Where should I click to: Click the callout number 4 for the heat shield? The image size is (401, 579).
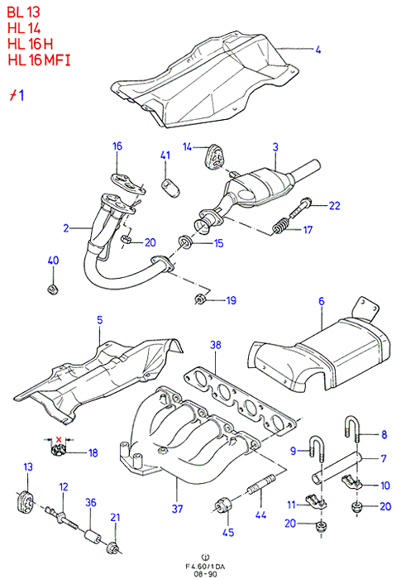click(x=318, y=50)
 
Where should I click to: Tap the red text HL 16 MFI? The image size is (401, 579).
click(x=39, y=60)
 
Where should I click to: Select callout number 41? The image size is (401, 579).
click(x=165, y=156)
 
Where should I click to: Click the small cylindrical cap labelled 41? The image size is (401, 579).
click(x=171, y=188)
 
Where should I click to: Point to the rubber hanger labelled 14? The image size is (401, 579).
click(x=214, y=157)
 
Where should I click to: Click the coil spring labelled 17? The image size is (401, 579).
click(x=281, y=226)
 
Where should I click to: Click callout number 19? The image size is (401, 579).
click(x=232, y=300)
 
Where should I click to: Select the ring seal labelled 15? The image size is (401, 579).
click(x=184, y=242)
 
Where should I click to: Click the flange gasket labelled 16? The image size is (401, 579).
click(x=127, y=183)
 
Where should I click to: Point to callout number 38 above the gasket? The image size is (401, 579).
click(x=216, y=345)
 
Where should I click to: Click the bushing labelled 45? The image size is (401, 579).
click(x=222, y=505)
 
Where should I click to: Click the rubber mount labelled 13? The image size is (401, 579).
click(x=25, y=500)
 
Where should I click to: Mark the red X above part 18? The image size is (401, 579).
click(x=59, y=439)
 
